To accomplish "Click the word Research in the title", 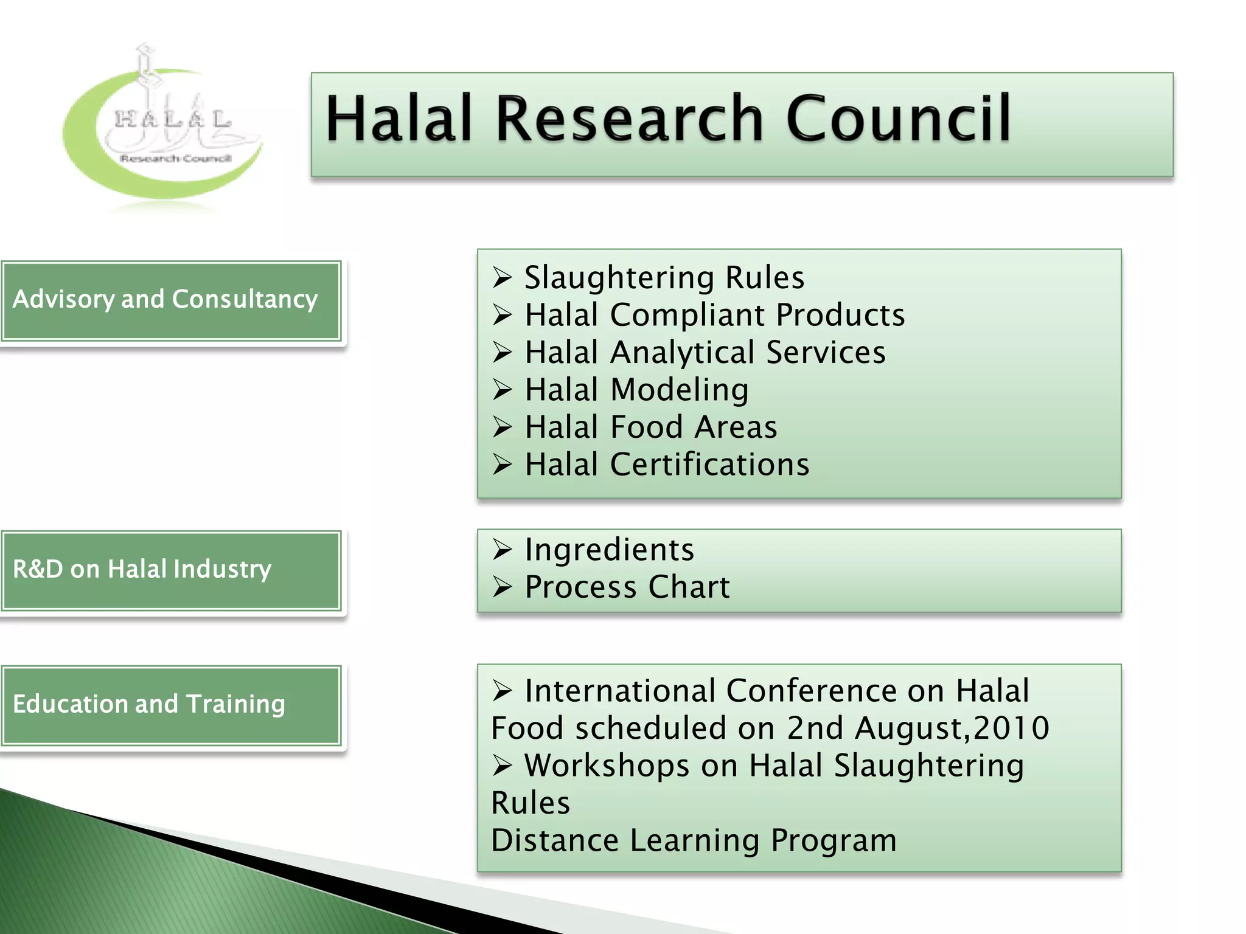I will pyautogui.click(x=629, y=119).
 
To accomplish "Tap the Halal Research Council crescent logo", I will pyautogui.click(x=163, y=131).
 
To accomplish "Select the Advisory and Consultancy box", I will pyautogui.click(x=171, y=300).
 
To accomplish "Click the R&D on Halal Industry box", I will pyautogui.click(x=171, y=570).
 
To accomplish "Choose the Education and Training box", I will pyautogui.click(x=171, y=705).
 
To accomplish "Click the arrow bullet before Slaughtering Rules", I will pyautogui.click(x=503, y=278).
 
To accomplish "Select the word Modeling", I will pyautogui.click(x=680, y=390).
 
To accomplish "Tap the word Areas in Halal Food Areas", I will pyautogui.click(x=736, y=427).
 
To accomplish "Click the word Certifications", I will pyautogui.click(x=709, y=465).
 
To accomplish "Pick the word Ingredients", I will pyautogui.click(x=609, y=550).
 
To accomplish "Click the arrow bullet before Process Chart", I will pyautogui.click(x=503, y=587).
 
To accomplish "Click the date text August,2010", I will pyautogui.click(x=952, y=728).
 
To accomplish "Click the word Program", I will pyautogui.click(x=834, y=840).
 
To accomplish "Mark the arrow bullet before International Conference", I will pyautogui.click(x=503, y=691).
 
